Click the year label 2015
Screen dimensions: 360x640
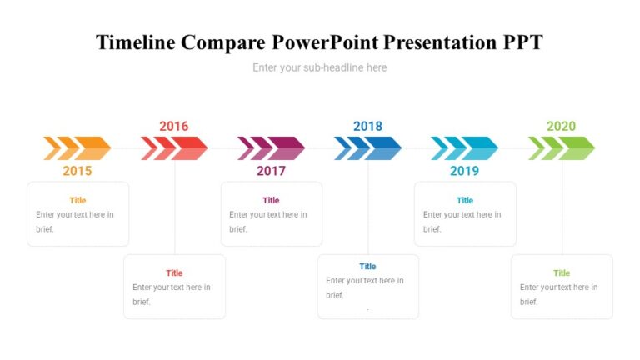[77, 171]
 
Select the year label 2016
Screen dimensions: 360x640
[174, 126]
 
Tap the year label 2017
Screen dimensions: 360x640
[271, 171]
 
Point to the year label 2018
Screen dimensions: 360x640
[367, 126]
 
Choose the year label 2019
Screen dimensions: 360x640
[464, 171]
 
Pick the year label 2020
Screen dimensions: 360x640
[561, 126]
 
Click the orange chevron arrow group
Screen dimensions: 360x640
[77, 148]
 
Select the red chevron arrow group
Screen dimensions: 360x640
[174, 148]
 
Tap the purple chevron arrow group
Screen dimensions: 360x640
[271, 148]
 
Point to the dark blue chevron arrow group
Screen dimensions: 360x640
[367, 148]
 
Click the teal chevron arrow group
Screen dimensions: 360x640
[464, 148]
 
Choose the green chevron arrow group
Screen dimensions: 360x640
[561, 148]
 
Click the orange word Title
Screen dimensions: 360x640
[77, 200]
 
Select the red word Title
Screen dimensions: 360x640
[174, 272]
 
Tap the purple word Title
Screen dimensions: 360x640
[271, 200]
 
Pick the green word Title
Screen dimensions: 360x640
[562, 272]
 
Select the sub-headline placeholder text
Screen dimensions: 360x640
[320, 67]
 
